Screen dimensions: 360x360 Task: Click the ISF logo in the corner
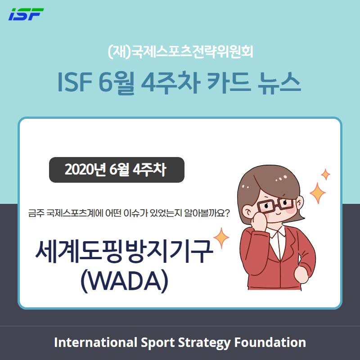pyautogui.click(x=26, y=14)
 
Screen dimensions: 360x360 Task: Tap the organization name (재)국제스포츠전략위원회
pyautogui.click(x=180, y=52)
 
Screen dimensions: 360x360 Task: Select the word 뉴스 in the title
pyautogui.click(x=279, y=82)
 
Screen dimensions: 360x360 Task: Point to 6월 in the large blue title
pyautogui.click(x=116, y=83)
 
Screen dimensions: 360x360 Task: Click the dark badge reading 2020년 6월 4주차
pyautogui.click(x=117, y=170)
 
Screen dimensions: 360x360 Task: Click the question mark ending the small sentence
pyautogui.click(x=226, y=213)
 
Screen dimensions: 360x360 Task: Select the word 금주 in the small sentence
pyautogui.click(x=36, y=213)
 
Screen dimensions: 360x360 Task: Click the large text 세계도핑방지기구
pyautogui.click(x=124, y=251)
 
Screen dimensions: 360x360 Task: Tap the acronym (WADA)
pyautogui.click(x=124, y=280)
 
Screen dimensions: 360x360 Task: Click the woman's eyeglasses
pyautogui.click(x=275, y=204)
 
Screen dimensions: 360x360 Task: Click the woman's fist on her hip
pyautogui.click(x=301, y=274)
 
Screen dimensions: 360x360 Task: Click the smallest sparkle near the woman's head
pyautogui.click(x=325, y=174)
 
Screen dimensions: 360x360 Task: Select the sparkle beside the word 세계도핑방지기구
pyautogui.click(x=221, y=238)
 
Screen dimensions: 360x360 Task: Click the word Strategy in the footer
pyautogui.click(x=204, y=342)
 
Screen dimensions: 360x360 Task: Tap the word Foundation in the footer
pyautogui.click(x=270, y=342)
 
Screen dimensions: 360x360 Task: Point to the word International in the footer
pyautogui.click(x=95, y=342)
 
